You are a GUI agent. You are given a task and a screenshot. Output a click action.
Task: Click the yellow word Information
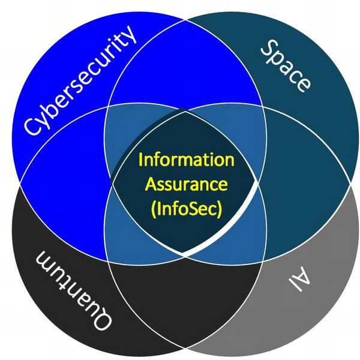pos(186,160)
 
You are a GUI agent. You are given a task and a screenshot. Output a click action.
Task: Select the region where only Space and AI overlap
pos(300,180)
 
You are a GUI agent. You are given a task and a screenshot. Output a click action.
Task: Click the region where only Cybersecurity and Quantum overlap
pos(66,180)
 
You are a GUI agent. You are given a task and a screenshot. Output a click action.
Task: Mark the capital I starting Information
pos(141,160)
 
